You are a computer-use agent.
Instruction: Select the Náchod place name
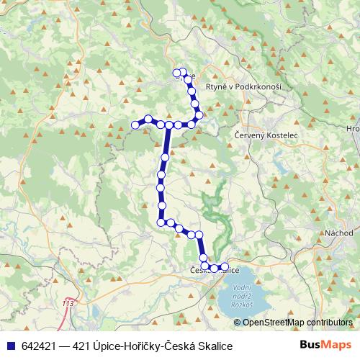click(x=338, y=233)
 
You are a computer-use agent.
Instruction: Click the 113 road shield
click(x=68, y=304)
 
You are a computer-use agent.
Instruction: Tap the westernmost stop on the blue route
click(x=135, y=126)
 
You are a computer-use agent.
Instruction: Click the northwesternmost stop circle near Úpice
click(x=176, y=72)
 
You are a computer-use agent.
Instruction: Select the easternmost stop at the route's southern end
click(x=225, y=267)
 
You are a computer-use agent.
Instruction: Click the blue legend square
click(x=8, y=346)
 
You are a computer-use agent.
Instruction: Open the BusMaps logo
click(x=326, y=345)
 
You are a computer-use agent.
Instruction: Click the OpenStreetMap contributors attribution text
click(x=298, y=322)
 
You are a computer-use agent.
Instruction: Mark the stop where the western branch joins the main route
click(x=169, y=125)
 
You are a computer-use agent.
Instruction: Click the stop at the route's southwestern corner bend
click(x=162, y=222)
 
